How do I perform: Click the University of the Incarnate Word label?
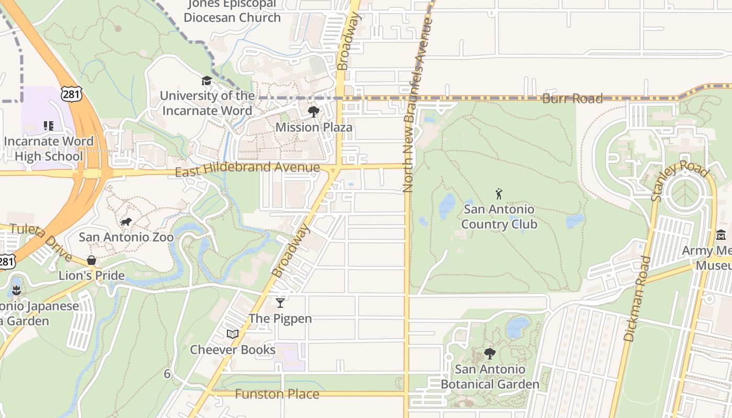(x=207, y=103)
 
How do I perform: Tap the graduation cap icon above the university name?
(x=207, y=81)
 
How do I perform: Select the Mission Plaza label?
(x=314, y=127)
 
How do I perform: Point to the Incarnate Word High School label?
(x=49, y=148)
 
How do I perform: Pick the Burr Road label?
(x=573, y=98)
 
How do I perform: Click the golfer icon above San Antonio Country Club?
(x=499, y=194)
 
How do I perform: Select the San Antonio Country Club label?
(x=499, y=217)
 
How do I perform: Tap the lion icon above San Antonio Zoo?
(x=126, y=223)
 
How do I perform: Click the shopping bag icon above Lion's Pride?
(x=92, y=260)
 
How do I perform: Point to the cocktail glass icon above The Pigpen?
(x=280, y=303)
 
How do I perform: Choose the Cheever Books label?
(x=232, y=350)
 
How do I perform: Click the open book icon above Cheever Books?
(x=232, y=334)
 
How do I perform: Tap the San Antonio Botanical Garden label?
(x=490, y=377)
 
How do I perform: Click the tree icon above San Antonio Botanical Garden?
(x=490, y=354)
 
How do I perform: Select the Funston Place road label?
(x=277, y=394)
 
